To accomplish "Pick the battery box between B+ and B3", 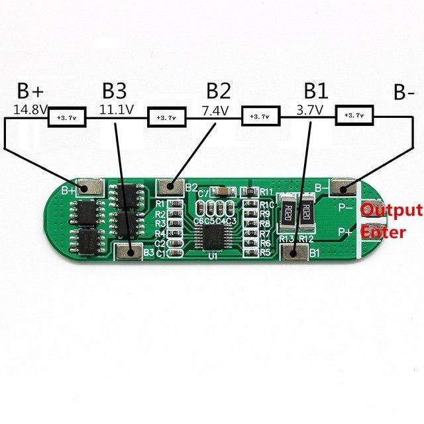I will point(68,118).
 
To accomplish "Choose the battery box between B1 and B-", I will point(356,115).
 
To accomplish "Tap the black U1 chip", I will point(213,235).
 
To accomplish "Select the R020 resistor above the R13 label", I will point(288,213).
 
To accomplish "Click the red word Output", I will point(390,211).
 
